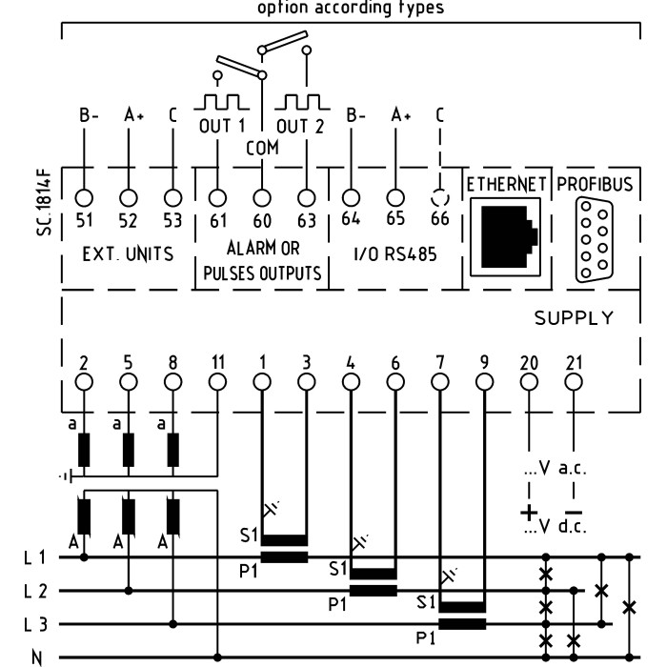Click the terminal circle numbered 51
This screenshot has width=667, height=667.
[x=84, y=198]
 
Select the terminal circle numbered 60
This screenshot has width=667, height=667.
[x=262, y=198]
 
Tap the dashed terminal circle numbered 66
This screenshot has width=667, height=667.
[x=439, y=198]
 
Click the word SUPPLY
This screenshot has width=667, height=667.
[x=574, y=318]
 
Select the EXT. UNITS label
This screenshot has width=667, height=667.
[x=126, y=254]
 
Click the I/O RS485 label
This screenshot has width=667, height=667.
[x=394, y=254]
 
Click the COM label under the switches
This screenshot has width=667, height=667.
[x=261, y=149]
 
